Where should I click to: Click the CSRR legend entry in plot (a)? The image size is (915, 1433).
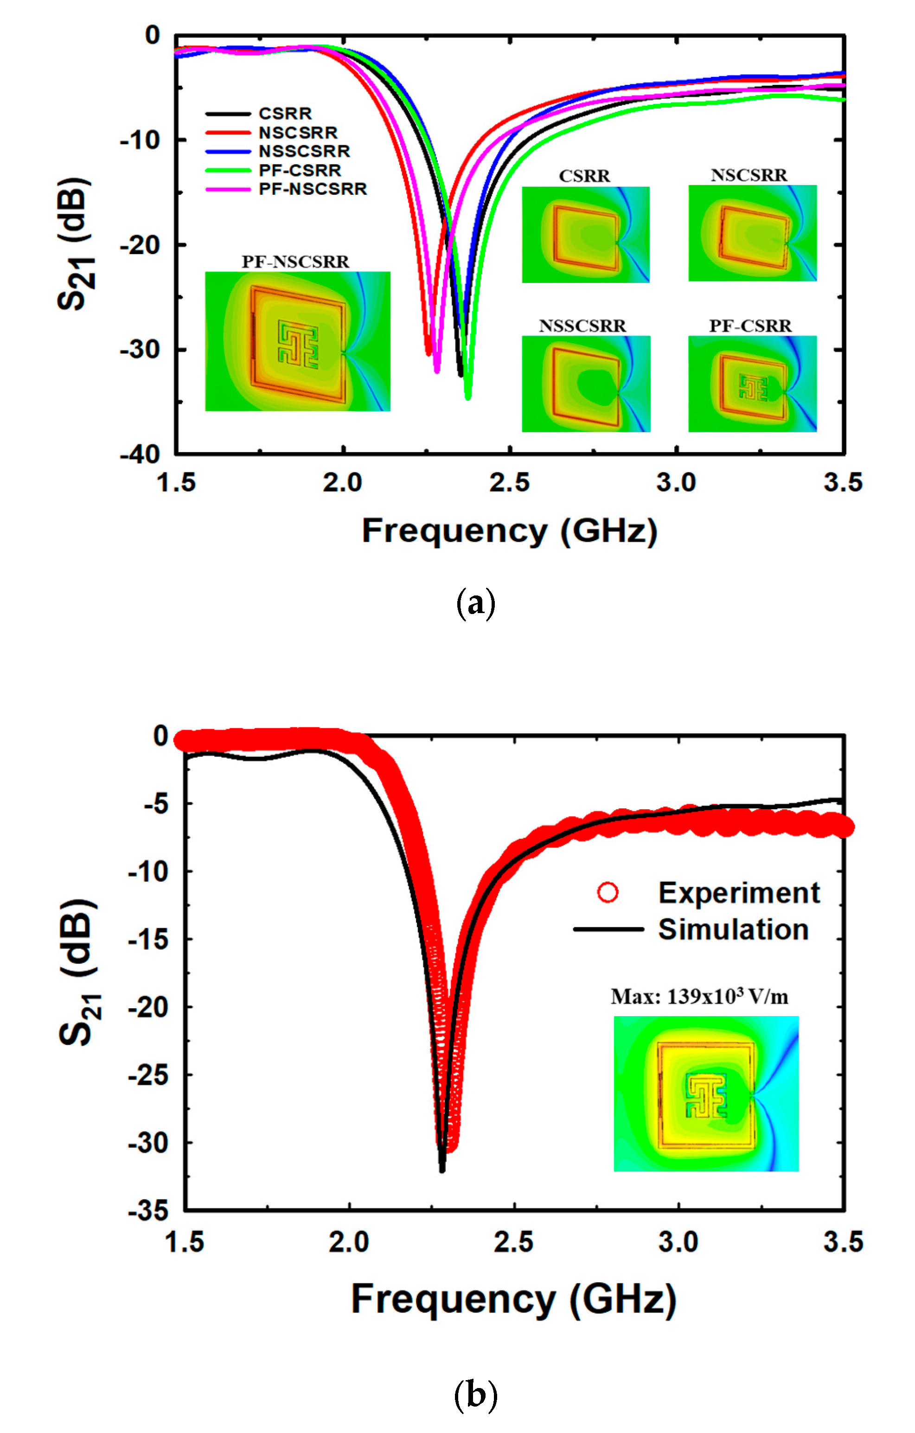285,113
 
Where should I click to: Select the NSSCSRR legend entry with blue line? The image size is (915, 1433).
304,151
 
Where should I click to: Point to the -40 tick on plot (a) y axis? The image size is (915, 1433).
141,455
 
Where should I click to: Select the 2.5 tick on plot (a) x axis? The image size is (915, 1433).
509,483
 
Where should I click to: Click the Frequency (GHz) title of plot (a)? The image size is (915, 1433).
509,531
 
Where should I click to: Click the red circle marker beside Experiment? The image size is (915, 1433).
608,893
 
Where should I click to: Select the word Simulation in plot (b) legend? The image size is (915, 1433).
733,929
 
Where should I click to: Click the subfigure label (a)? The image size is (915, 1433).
475,603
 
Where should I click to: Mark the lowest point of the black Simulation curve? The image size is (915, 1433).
442,1170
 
